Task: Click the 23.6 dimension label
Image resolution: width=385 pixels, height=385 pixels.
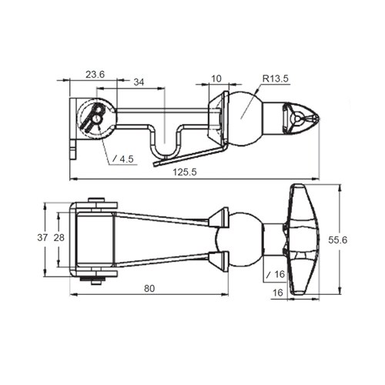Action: pos(95,75)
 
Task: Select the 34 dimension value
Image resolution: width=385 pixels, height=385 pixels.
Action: pos(139,82)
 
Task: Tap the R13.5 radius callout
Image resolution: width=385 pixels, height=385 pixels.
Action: pos(276,79)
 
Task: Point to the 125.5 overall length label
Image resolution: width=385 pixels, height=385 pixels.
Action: pos(185,172)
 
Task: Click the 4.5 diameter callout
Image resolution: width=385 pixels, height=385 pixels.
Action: pos(123,159)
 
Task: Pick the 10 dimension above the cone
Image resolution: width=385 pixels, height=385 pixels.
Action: pos(216,79)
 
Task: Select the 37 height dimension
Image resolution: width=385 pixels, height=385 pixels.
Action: pos(42,238)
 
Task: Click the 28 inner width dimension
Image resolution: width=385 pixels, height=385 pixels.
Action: pos(59,238)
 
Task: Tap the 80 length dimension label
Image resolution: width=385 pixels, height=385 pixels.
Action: pos(149,289)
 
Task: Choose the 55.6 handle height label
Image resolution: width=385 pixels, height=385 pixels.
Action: pos(337,240)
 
